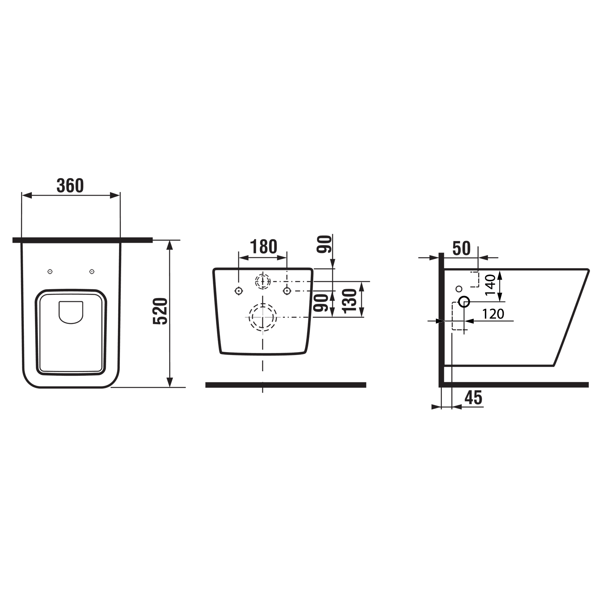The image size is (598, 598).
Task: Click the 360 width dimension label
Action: [x=70, y=186]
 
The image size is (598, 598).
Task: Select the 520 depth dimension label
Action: [x=161, y=312]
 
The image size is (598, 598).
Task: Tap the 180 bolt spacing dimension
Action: [x=263, y=247]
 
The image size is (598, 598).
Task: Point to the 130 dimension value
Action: [x=350, y=301]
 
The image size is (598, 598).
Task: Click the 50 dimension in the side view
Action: [x=461, y=249]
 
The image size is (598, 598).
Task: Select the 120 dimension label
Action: [x=493, y=314]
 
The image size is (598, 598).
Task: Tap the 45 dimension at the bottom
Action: [x=473, y=398]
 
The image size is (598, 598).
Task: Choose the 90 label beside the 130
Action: [x=321, y=303]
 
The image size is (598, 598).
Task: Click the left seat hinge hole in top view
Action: [x=50, y=272]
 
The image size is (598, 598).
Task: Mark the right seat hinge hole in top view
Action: [x=92, y=272]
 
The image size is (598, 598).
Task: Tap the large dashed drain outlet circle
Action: [x=263, y=318]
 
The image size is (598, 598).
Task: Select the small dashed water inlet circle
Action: [x=263, y=281]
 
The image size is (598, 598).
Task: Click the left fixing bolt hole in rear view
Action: [x=238, y=291]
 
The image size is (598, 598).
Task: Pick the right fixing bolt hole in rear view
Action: [x=287, y=291]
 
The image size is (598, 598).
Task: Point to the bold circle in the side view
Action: [x=464, y=302]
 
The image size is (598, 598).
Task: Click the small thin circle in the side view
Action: [x=459, y=288]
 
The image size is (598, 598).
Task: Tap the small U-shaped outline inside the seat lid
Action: [x=71, y=312]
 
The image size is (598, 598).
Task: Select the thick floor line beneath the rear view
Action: [x=286, y=385]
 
